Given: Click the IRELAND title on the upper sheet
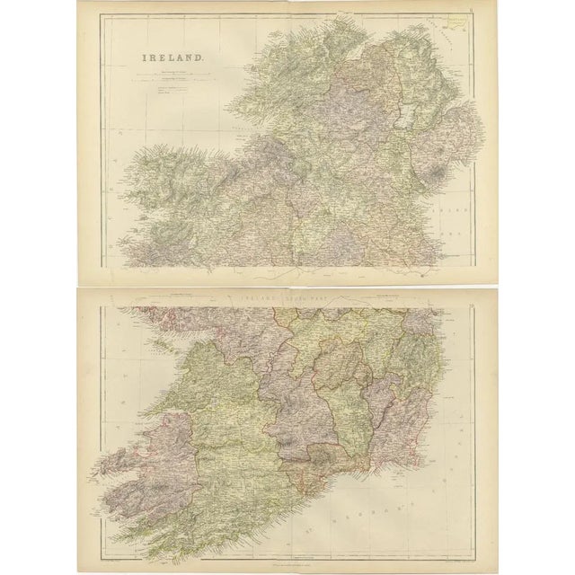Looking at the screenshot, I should pyautogui.click(x=172, y=60).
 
